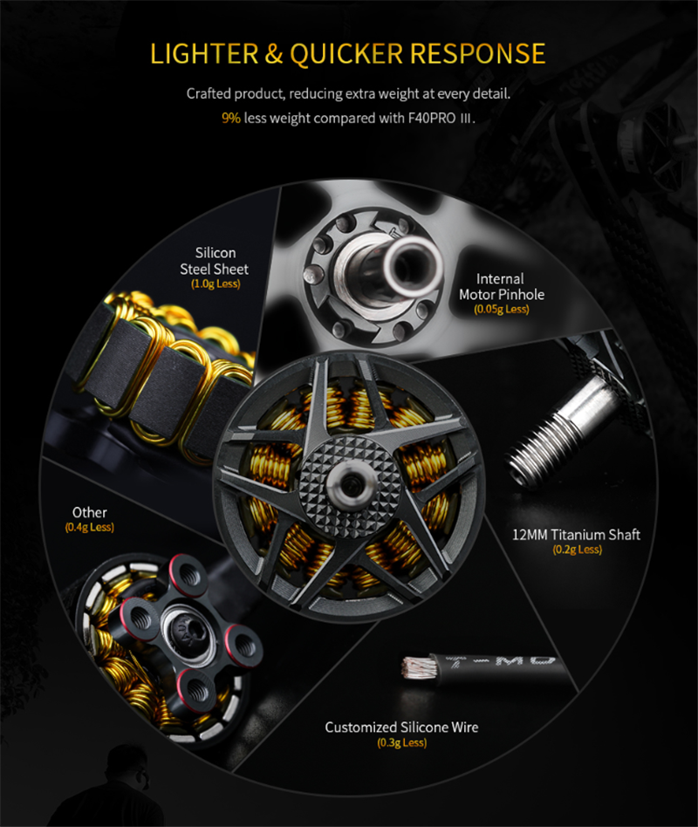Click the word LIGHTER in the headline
coord(204,54)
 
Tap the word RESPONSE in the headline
coord(477,54)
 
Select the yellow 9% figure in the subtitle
coord(231,118)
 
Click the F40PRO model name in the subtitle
coord(432,118)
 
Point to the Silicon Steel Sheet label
coord(215,261)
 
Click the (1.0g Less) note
coord(216,284)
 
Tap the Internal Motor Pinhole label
coord(501,286)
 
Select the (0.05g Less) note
coord(501,309)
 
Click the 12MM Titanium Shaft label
coord(576,535)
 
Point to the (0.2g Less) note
coord(578,550)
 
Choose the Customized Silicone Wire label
coord(401,728)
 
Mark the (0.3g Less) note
coord(402,742)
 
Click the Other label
coord(90,513)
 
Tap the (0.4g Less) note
coord(90,528)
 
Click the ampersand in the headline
coord(274,54)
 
